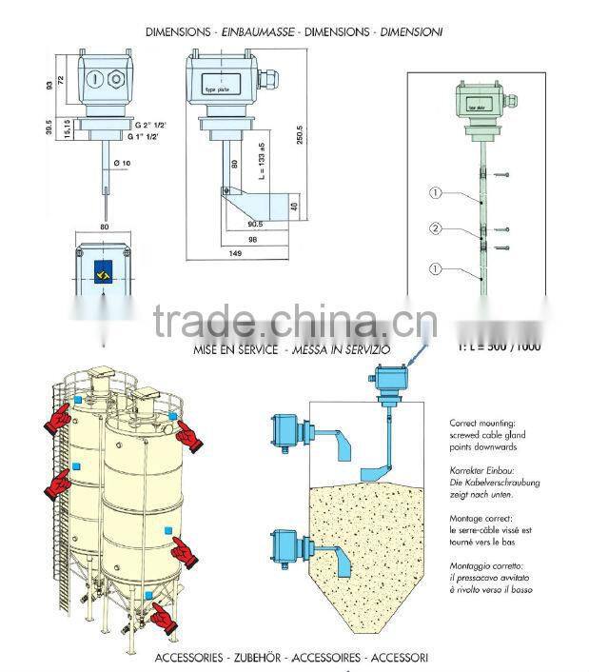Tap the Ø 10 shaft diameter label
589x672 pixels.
click(x=120, y=164)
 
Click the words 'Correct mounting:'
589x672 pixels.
click(x=481, y=422)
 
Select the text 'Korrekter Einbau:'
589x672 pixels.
click(x=481, y=470)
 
